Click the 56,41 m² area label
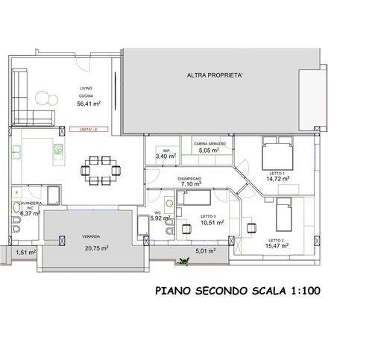[89, 104]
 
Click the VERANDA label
[91, 236]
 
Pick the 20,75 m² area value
[97, 248]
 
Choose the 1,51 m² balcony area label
[25, 253]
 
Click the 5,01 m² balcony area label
[205, 251]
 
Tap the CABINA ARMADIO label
[209, 142]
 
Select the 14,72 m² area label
[279, 179]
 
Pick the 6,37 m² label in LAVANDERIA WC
[29, 213]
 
